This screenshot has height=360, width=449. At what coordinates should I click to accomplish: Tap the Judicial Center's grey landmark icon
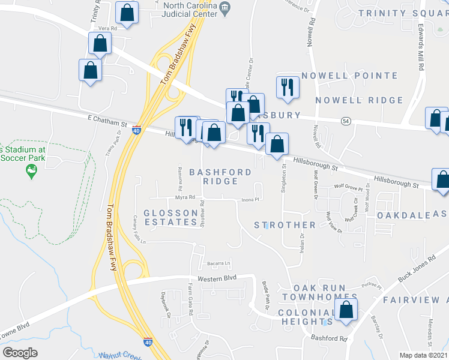pyautogui.click(x=226, y=8)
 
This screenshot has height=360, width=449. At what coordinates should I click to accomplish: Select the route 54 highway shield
pyautogui.click(x=346, y=121)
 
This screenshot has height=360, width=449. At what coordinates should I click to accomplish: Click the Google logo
pyautogui.click(x=20, y=353)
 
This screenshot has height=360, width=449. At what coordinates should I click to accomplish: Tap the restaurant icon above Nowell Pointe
pyautogui.click(x=287, y=87)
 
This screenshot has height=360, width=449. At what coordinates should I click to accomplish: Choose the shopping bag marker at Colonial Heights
pyautogui.click(x=346, y=311)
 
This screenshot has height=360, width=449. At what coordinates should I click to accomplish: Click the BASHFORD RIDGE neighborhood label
pyautogui.click(x=220, y=176)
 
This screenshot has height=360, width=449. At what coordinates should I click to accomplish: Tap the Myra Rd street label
pyautogui.click(x=185, y=197)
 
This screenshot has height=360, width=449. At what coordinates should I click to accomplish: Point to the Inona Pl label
pyautogui.click(x=250, y=200)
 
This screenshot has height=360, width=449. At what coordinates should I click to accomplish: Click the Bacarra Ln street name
pyautogui.click(x=219, y=263)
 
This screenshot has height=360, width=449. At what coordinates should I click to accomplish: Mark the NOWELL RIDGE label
pyautogui.click(x=359, y=100)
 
